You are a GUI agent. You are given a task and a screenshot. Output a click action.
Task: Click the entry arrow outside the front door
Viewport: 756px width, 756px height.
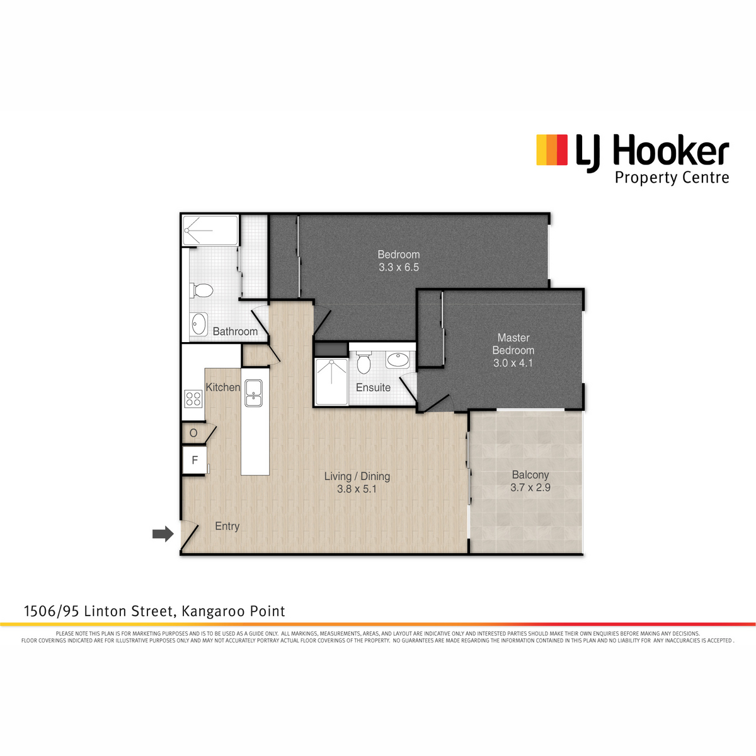[163, 534]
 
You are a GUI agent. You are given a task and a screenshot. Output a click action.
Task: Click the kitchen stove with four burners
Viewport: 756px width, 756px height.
[193, 399]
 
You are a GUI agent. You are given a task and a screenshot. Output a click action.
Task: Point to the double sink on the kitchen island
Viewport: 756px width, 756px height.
[253, 392]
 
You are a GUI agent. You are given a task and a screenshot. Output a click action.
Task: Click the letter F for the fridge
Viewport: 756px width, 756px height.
[195, 460]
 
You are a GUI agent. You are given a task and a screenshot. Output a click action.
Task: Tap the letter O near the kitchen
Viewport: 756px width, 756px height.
[193, 433]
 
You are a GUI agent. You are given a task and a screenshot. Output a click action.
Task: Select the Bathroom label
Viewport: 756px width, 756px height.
[235, 331]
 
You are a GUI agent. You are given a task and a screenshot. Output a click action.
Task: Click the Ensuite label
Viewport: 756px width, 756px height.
[373, 387]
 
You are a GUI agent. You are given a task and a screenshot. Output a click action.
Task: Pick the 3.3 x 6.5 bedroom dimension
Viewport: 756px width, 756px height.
[399, 268]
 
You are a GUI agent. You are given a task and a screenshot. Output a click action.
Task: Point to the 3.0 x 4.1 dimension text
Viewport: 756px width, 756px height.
[513, 364]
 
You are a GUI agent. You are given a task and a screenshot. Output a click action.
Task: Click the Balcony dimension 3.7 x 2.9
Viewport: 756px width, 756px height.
[530, 488]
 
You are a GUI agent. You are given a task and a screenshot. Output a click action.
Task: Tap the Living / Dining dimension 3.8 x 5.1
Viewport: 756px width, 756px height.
[357, 490]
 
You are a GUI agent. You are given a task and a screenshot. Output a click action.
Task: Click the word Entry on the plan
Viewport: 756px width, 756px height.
[227, 527]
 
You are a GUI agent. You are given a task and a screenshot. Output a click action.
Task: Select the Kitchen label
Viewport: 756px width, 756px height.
[223, 387]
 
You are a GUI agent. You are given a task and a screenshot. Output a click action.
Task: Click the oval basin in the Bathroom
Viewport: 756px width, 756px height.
[199, 324]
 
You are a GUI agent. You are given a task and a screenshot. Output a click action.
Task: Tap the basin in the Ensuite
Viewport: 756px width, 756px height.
[398, 359]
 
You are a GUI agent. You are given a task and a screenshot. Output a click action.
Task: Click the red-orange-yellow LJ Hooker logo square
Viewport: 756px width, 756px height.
[552, 150]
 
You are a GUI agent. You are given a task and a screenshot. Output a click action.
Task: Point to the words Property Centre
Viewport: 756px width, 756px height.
[672, 178]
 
